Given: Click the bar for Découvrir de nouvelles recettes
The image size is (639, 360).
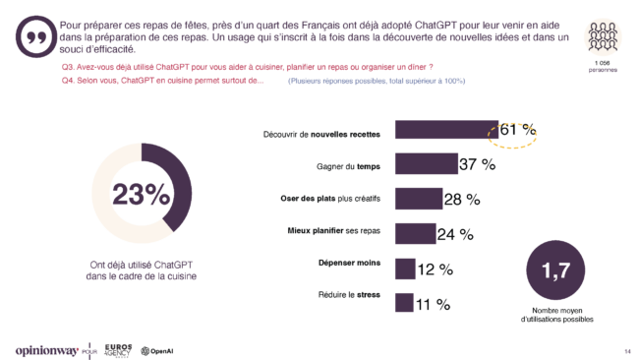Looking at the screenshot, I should [445, 132].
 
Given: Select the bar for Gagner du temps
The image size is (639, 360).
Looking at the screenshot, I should [426, 164].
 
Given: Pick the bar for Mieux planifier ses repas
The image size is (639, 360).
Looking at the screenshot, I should [415, 233].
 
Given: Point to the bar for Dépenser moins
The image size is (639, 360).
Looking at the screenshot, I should [404, 268].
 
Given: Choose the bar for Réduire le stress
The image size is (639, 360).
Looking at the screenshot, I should [403, 302].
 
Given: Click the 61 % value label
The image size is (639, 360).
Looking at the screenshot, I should [516, 131].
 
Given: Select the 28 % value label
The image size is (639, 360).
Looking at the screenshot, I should [461, 200].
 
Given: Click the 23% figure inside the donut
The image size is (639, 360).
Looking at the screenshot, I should [141, 194].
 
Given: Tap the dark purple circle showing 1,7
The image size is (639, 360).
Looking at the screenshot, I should [556, 273].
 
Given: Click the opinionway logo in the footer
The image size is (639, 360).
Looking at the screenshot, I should [49, 350].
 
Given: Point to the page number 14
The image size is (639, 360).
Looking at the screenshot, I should [626, 351].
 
